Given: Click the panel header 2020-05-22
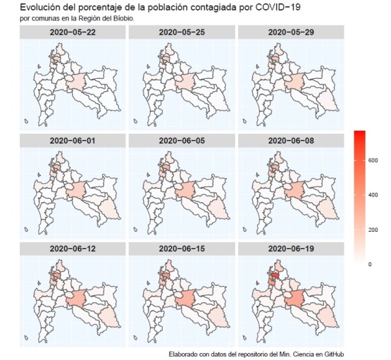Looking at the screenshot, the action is pyautogui.click(x=73, y=32).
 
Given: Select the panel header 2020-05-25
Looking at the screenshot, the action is pyautogui.click(x=182, y=32).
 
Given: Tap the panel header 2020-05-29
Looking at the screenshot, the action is pyautogui.click(x=291, y=32).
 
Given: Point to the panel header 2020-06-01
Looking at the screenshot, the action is pyautogui.click(x=73, y=141).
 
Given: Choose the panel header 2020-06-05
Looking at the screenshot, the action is pyautogui.click(x=182, y=141).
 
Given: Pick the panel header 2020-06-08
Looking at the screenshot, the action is pyautogui.click(x=291, y=141).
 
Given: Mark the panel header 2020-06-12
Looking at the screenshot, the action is pyautogui.click(x=73, y=249).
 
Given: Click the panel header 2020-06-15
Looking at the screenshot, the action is pyautogui.click(x=182, y=249).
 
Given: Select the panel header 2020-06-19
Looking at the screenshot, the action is pyautogui.click(x=291, y=249).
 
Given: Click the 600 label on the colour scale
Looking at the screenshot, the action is pyautogui.click(x=373, y=161).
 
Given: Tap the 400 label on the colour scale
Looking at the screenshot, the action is pyautogui.click(x=373, y=195).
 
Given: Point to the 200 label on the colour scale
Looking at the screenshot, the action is pyautogui.click(x=373, y=230).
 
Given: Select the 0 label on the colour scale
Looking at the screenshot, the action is pyautogui.click(x=370, y=264).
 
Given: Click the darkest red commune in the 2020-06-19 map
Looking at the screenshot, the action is pyautogui.click(x=275, y=275).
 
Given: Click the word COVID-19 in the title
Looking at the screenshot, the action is pyautogui.click(x=278, y=8).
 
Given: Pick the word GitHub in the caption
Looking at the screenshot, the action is pyautogui.click(x=334, y=354).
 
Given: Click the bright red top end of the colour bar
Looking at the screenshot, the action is pyautogui.click(x=359, y=132).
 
